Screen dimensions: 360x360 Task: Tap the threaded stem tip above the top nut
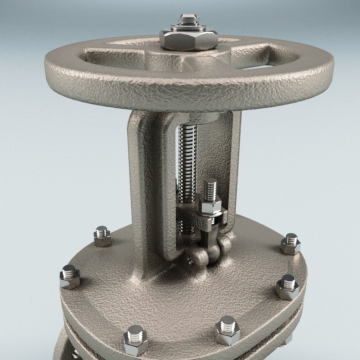pos(189,19)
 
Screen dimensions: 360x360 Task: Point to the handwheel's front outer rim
pos(187,93)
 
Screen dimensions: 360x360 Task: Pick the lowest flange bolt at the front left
pos(136,340)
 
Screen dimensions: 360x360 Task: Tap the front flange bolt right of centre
pos(227,330)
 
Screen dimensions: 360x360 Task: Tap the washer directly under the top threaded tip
pos(189,27)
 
